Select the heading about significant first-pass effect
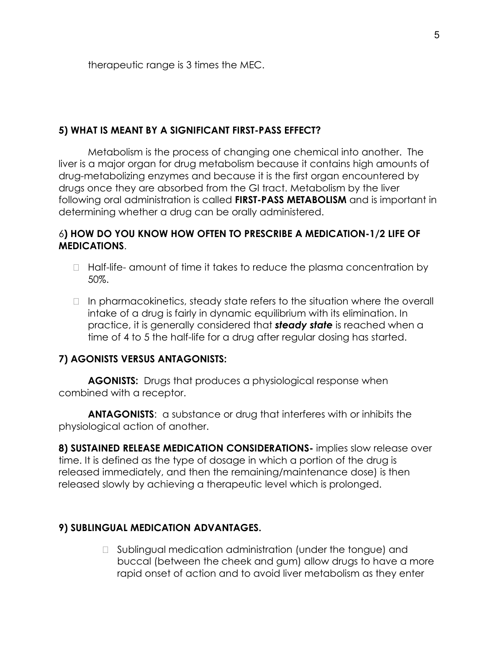click(190, 130)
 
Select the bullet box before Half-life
click(76, 268)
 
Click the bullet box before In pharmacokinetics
click(76, 302)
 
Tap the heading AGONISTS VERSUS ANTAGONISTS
click(142, 359)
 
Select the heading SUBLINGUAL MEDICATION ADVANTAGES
click(159, 528)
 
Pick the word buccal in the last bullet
click(132, 561)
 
